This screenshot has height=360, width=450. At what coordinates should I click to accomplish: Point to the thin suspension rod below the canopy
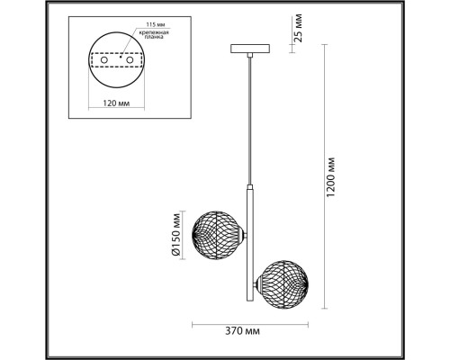coord(247,117)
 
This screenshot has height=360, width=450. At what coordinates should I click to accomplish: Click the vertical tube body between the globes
coord(247,243)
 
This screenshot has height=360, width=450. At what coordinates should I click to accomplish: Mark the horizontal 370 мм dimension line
coord(252,323)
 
